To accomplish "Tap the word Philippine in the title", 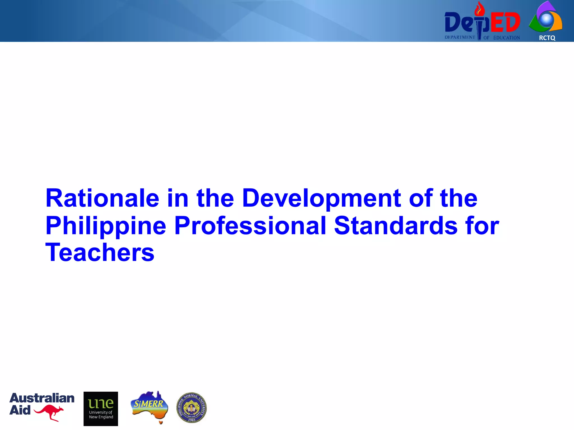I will [106, 226].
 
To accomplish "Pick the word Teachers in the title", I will [100, 253].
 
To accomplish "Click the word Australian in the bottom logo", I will [42, 398].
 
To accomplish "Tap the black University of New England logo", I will [101, 409].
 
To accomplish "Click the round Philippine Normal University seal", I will [191, 407].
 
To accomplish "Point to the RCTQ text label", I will [547, 38].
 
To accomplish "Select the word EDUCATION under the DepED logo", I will [506, 38].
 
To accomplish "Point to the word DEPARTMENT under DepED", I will [460, 37].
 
